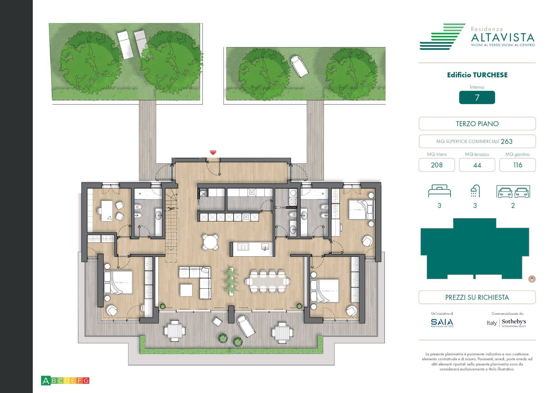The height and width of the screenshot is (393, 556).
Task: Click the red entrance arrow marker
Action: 213,153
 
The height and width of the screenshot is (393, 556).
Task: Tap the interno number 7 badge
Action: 477,98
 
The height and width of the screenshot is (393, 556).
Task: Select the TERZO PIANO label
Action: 477,124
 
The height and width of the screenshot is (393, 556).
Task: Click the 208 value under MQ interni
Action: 436,165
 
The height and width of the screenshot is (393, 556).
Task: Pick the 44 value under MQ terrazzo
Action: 477,165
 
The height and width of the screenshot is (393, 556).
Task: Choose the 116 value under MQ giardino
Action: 517,165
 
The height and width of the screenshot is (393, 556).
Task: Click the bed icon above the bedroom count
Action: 439,191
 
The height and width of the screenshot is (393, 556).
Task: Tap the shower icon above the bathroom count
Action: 475,191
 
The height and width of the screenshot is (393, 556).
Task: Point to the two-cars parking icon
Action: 513,192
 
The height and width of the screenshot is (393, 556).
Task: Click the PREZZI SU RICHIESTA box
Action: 477,297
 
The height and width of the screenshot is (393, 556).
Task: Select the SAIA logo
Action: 442,322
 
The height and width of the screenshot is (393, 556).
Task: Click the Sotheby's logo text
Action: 514,322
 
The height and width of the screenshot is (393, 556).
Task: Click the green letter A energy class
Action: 45,381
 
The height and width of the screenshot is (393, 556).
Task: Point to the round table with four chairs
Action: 211,242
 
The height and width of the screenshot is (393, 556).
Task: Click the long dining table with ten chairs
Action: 268,281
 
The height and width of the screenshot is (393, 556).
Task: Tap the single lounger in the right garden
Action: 299,66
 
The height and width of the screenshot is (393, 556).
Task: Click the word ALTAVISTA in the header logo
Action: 503,37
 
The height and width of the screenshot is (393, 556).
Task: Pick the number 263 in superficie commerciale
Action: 506,141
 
